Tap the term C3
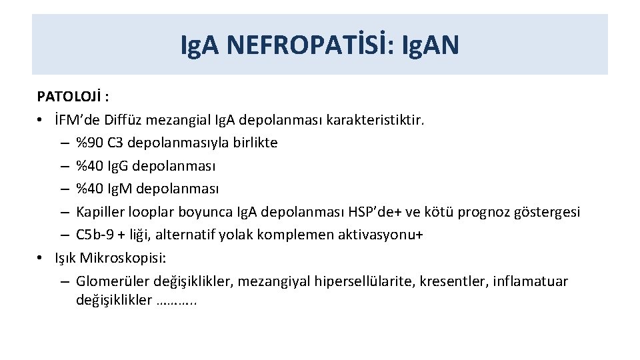118,142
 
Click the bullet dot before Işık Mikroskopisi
41,258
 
